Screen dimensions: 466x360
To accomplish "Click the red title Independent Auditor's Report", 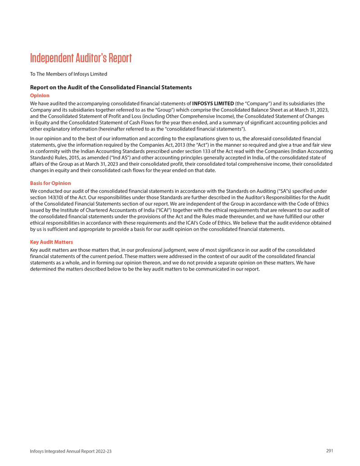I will [81, 58].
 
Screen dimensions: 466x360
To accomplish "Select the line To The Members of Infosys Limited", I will [68, 74].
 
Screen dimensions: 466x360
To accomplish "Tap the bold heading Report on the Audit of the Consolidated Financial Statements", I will [111, 87].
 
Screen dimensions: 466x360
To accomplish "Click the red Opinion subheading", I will [40, 95].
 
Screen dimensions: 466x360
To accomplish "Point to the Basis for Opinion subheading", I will [50, 183].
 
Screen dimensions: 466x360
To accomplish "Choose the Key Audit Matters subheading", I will [51, 242].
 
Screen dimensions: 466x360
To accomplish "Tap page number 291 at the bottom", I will [329, 451].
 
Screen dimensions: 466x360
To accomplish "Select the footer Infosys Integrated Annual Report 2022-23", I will [71, 451].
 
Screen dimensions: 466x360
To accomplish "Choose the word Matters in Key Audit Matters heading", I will [62, 242].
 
